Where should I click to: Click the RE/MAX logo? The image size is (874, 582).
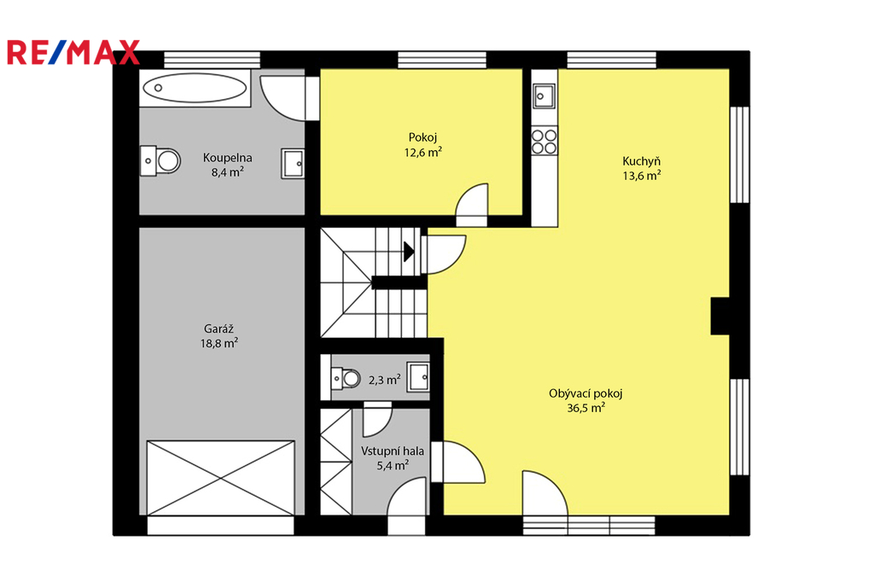click(73, 52)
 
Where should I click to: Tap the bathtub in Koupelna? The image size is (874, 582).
click(195, 88)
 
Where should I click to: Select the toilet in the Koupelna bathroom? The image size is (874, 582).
click(160, 161)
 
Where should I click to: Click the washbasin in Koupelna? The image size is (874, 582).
click(293, 164)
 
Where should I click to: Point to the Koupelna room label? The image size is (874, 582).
click(227, 158)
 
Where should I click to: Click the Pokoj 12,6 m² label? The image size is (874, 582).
click(423, 144)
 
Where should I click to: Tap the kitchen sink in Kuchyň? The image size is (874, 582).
click(544, 96)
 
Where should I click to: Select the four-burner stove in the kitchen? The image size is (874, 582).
click(545, 141)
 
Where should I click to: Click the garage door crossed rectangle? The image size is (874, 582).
click(221, 478)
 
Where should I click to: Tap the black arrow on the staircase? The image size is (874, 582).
click(409, 252)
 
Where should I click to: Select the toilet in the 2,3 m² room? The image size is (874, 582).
click(347, 379)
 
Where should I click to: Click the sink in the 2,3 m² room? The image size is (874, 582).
click(418, 377)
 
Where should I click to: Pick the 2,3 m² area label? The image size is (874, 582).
click(385, 380)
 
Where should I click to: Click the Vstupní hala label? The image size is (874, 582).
click(393, 451)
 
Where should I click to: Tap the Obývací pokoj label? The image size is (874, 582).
click(586, 393)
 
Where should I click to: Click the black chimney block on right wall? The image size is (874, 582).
click(720, 316)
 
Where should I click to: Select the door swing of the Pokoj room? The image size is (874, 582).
click(472, 205)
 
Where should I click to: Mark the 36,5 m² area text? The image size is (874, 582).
click(586, 408)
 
